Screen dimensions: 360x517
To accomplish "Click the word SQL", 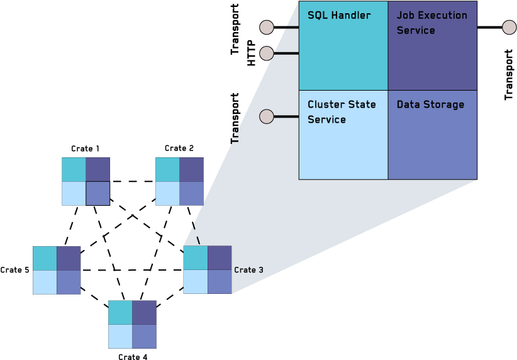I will pyautogui.click(x=318, y=15).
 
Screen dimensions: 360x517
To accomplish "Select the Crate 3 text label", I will pyautogui.click(x=248, y=270).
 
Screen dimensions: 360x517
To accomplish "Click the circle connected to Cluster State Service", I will pyautogui.click(x=267, y=116).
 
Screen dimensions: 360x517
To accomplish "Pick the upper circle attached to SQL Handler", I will pyautogui.click(x=267, y=28).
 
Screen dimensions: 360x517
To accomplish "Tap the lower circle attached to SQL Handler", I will pyautogui.click(x=267, y=53).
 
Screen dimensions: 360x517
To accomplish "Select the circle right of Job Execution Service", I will pyautogui.click(x=509, y=28).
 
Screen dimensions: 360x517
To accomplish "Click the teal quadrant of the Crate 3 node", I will pyautogui.click(x=195, y=258).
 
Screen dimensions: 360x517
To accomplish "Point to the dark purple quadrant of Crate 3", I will pyautogui.click(x=220, y=258).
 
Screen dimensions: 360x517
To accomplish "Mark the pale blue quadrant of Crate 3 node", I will pyautogui.click(x=195, y=282).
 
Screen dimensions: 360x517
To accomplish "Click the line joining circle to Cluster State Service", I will pyautogui.click(x=286, y=116).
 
